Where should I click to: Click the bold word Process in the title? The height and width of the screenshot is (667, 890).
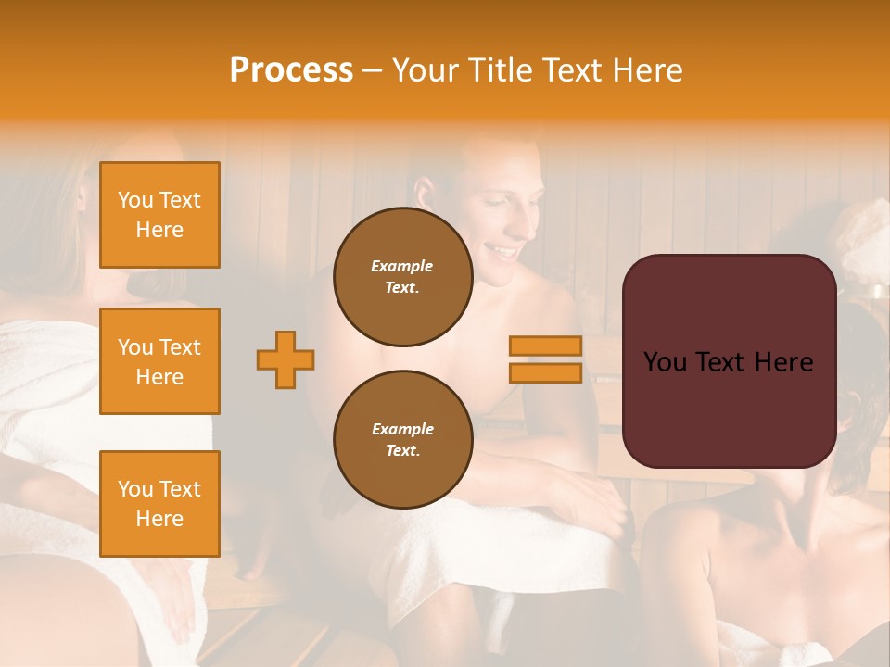291,70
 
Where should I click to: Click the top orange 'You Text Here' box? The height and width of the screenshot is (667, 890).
159,215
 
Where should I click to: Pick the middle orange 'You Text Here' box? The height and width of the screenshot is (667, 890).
159,361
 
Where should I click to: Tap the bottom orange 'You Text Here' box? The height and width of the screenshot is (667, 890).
159,503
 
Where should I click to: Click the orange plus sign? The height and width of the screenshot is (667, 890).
286,359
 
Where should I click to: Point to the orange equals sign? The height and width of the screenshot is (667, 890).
546,359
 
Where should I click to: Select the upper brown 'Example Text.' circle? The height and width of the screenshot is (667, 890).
402,277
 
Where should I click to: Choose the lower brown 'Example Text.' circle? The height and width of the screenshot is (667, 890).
402,439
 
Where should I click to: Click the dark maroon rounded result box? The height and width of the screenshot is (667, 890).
729,361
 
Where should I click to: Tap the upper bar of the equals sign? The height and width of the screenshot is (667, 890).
546,346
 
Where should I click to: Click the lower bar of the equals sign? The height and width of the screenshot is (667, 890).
546,372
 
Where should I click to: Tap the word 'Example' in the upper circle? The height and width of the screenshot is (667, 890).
402,266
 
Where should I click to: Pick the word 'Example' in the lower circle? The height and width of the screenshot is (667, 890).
402,429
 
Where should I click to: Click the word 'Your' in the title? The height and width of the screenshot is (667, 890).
425,70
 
